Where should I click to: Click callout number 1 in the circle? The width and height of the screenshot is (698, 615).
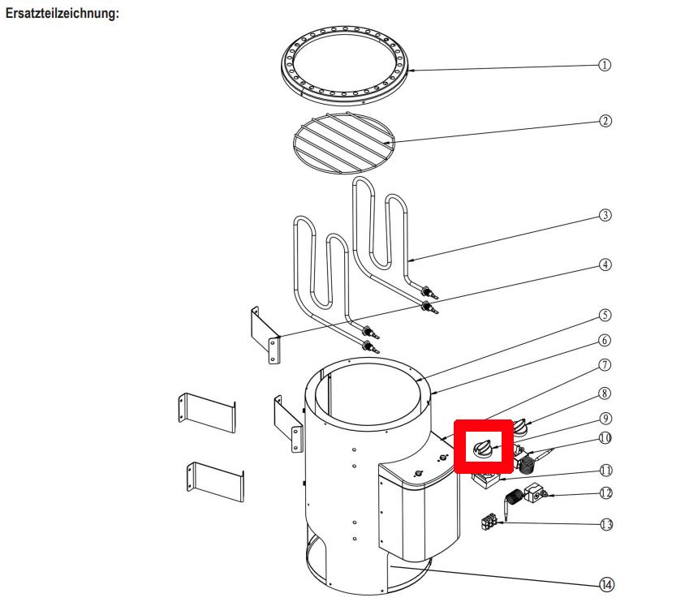click(x=604, y=65)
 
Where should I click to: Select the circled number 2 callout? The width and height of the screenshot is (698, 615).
click(x=605, y=121)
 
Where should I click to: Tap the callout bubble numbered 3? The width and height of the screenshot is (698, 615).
click(x=605, y=216)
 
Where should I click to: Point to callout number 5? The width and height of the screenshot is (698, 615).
click(x=605, y=315)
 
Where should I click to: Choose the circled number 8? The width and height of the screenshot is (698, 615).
click(x=605, y=394)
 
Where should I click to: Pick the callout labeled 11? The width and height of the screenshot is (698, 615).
click(x=605, y=470)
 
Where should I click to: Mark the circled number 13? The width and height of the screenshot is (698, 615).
click(x=605, y=524)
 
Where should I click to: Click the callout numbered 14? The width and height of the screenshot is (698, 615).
click(x=605, y=583)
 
